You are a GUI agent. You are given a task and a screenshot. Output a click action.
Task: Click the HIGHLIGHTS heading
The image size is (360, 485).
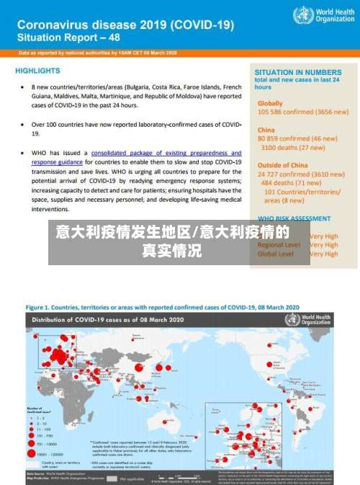37,71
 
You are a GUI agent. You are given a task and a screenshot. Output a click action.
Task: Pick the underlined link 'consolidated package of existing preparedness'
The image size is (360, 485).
166,153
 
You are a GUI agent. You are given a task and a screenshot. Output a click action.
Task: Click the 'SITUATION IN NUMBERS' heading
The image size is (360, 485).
298,73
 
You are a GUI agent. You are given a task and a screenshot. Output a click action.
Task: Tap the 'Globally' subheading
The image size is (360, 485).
270,103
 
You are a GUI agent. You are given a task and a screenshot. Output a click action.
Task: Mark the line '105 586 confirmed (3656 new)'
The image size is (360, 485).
302,112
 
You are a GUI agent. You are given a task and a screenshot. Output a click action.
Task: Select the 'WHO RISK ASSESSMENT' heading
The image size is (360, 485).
294,218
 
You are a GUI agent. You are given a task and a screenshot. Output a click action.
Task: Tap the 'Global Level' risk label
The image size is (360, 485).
275,254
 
